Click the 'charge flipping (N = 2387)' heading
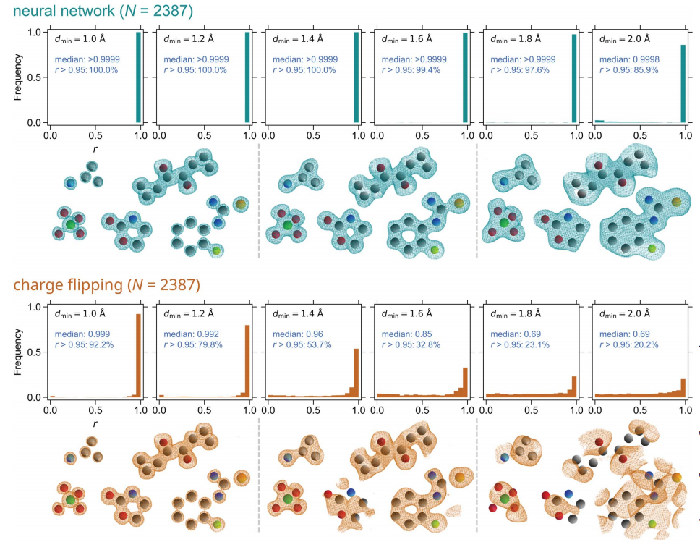[x=106, y=285]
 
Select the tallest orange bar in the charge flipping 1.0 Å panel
[x=138, y=355]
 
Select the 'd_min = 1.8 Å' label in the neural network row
[x=518, y=38]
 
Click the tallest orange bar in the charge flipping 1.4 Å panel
[x=356, y=373]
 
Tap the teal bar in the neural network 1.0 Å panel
[x=138, y=77]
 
